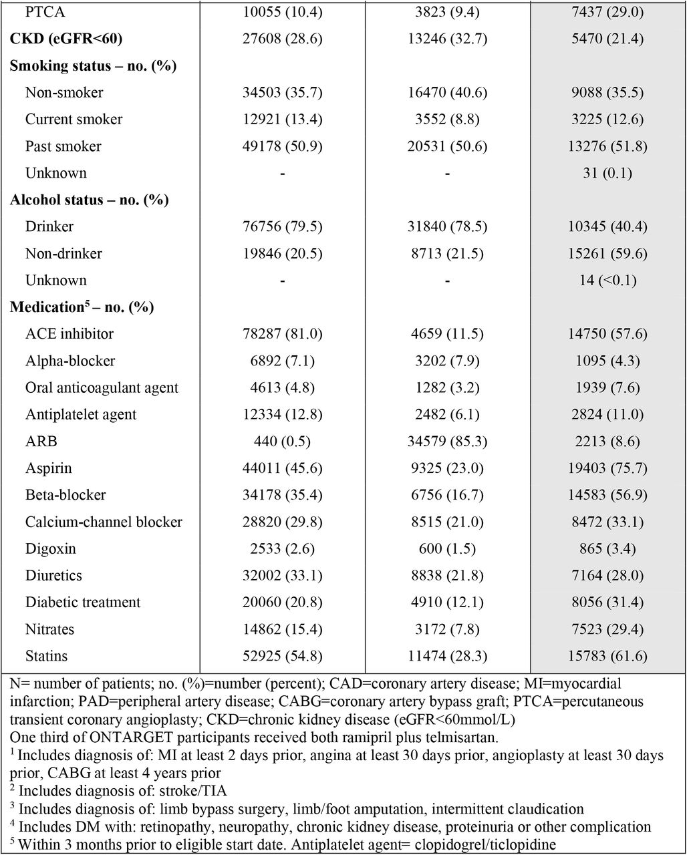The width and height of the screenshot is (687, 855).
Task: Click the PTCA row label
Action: (45, 12)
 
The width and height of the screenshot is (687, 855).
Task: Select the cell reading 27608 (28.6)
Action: (282, 39)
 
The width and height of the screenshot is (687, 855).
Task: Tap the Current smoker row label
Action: (74, 119)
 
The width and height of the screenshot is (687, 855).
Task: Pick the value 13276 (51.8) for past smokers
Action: (607, 146)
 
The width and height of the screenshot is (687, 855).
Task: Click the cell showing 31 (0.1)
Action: (607, 173)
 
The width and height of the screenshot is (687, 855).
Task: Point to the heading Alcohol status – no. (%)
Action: (90, 200)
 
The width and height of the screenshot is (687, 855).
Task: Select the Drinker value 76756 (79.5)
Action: (282, 226)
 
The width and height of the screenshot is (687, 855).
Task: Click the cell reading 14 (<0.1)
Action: (607, 280)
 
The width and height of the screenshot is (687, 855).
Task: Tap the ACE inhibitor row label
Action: (70, 334)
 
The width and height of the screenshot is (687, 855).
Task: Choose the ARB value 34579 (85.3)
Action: (447, 441)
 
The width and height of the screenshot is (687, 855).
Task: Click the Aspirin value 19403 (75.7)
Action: (607, 468)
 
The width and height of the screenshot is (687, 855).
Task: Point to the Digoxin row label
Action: (51, 548)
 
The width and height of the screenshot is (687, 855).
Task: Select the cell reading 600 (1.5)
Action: (447, 548)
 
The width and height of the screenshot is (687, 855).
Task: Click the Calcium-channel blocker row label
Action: (104, 522)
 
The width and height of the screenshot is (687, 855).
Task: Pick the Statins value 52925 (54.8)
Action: (282, 656)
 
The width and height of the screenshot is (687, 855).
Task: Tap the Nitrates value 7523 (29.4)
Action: (607, 629)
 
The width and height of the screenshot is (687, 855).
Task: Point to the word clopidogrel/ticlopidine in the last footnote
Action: (485, 844)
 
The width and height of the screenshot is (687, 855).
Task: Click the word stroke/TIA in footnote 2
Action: (193, 791)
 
